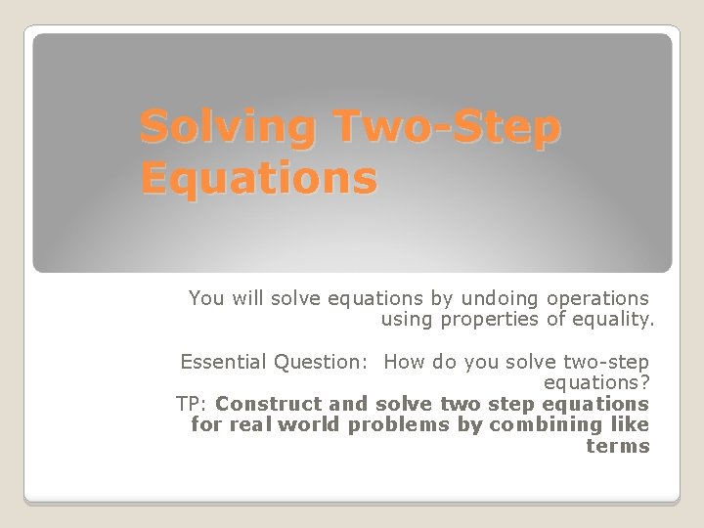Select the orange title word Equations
tap(258, 179)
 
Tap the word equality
tap(611, 319)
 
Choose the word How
tap(404, 362)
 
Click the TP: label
tap(192, 403)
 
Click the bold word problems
tap(376, 424)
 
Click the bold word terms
tap(618, 446)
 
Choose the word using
tap(405, 319)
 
